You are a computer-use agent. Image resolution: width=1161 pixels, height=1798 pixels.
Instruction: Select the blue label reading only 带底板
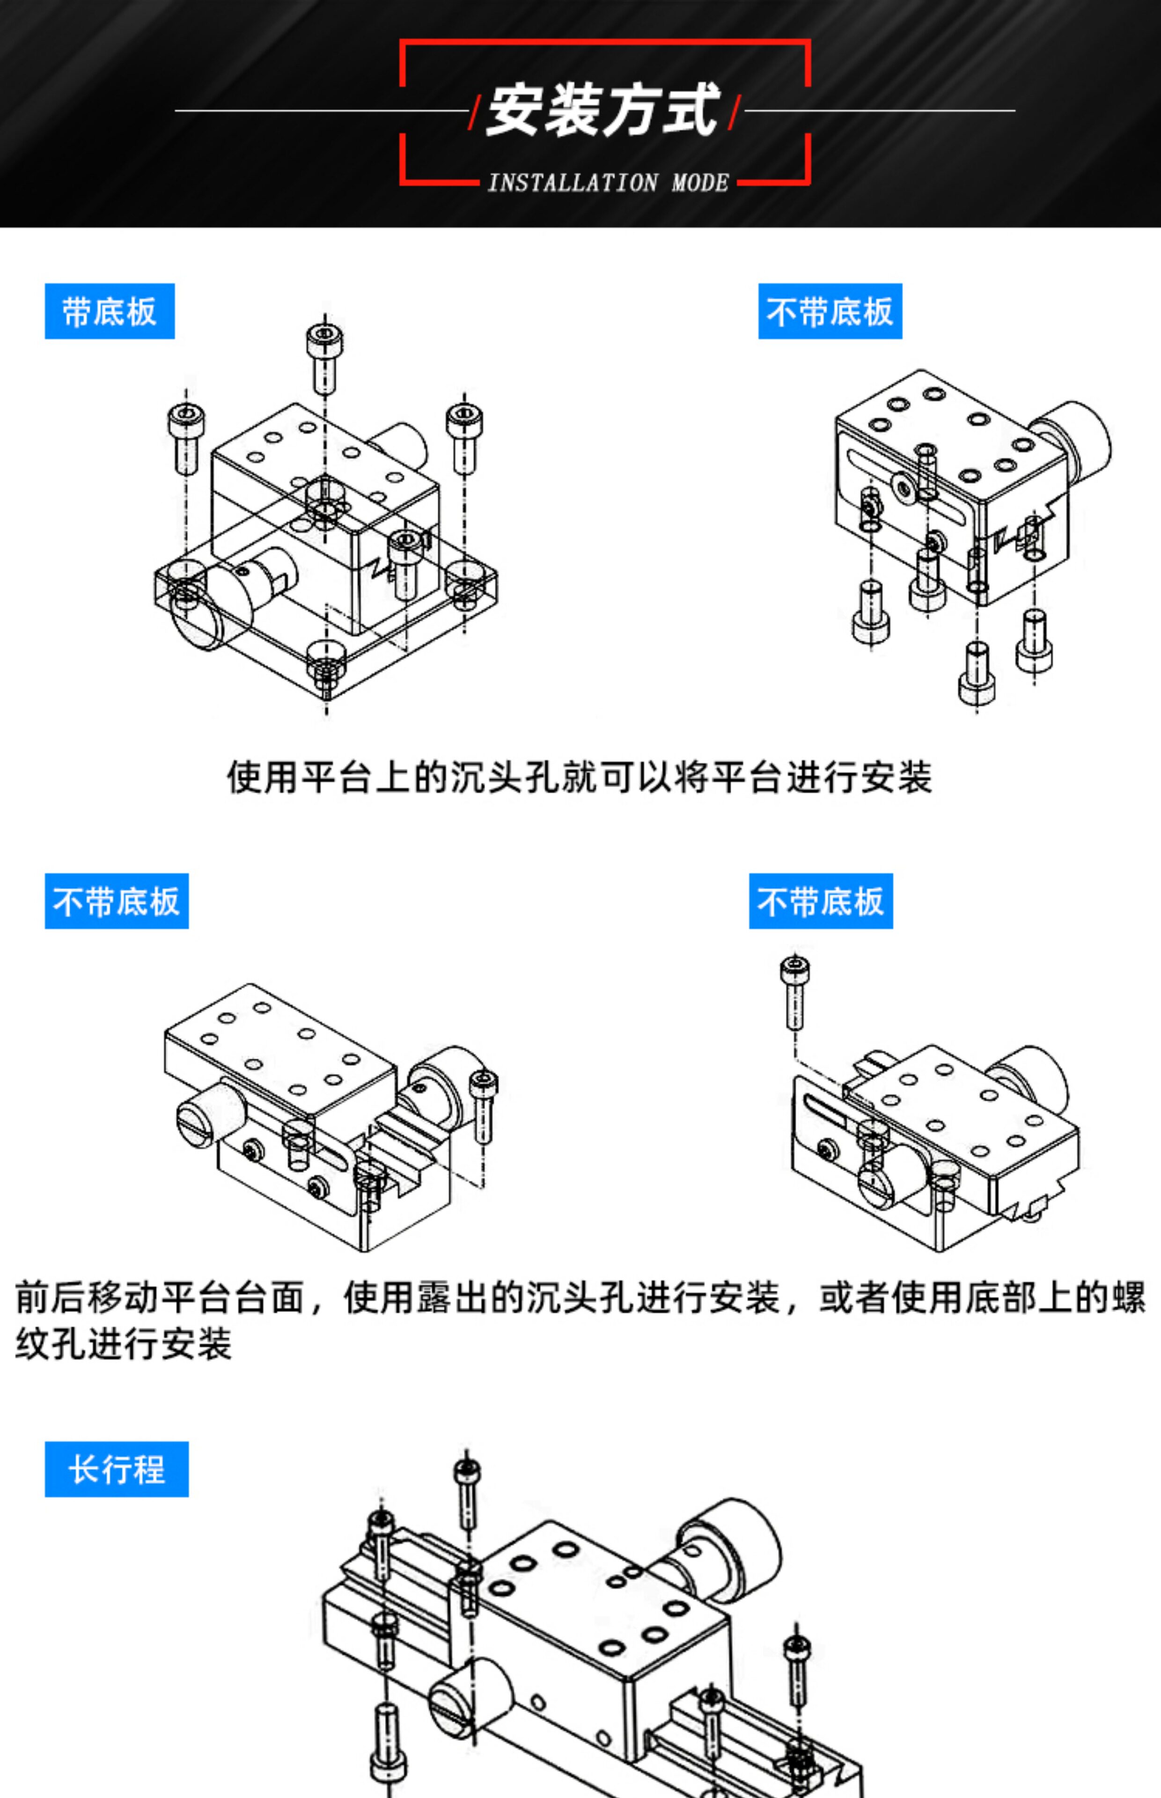tap(110, 311)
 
